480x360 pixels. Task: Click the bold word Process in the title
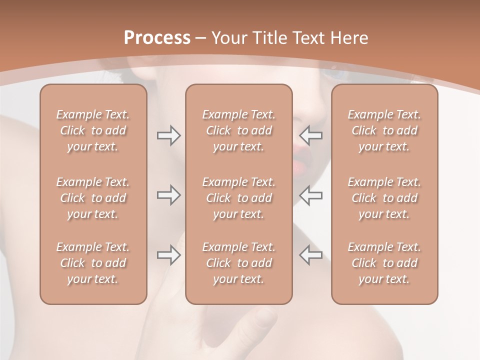click(157, 38)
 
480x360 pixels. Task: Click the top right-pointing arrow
click(168, 135)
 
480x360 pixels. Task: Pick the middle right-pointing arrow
click(168, 195)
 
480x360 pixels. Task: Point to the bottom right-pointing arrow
click(168, 255)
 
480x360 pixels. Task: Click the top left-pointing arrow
click(310, 135)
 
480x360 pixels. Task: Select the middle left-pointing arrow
click(310, 195)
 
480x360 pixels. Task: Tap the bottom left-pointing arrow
click(310, 255)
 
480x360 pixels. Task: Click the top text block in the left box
click(93, 130)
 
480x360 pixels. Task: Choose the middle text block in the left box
click(93, 198)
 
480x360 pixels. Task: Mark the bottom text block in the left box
click(93, 263)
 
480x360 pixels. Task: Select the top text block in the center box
click(238, 130)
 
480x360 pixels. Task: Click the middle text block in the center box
click(238, 198)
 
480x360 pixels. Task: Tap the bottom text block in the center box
click(238, 263)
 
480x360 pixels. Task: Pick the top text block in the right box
click(384, 130)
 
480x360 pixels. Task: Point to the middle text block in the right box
click(384, 198)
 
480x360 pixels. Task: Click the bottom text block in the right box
click(384, 263)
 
